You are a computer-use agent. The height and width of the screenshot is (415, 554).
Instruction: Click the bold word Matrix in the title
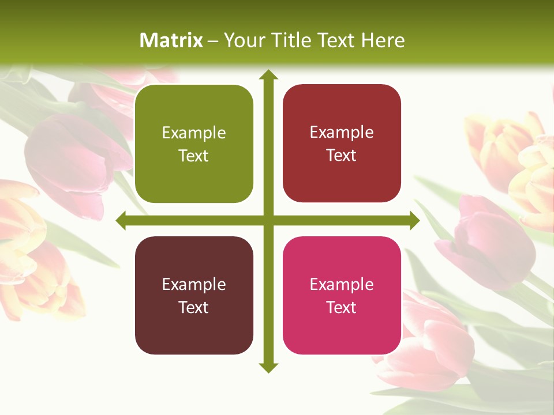point(171,40)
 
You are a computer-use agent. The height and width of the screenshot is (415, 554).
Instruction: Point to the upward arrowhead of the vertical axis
point(268,75)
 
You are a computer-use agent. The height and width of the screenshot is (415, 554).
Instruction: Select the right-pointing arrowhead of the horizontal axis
point(414,220)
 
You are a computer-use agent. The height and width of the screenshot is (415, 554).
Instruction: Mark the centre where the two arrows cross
point(268,220)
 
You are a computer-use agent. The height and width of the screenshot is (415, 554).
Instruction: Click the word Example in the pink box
point(342,284)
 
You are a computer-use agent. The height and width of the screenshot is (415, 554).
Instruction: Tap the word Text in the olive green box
point(194,156)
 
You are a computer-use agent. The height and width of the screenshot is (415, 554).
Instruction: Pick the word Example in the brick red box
point(342,132)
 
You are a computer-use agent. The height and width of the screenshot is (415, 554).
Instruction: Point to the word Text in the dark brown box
point(194,307)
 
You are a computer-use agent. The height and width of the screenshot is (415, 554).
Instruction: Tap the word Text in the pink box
point(342,307)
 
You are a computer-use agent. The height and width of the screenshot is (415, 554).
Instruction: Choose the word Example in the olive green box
point(194,133)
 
